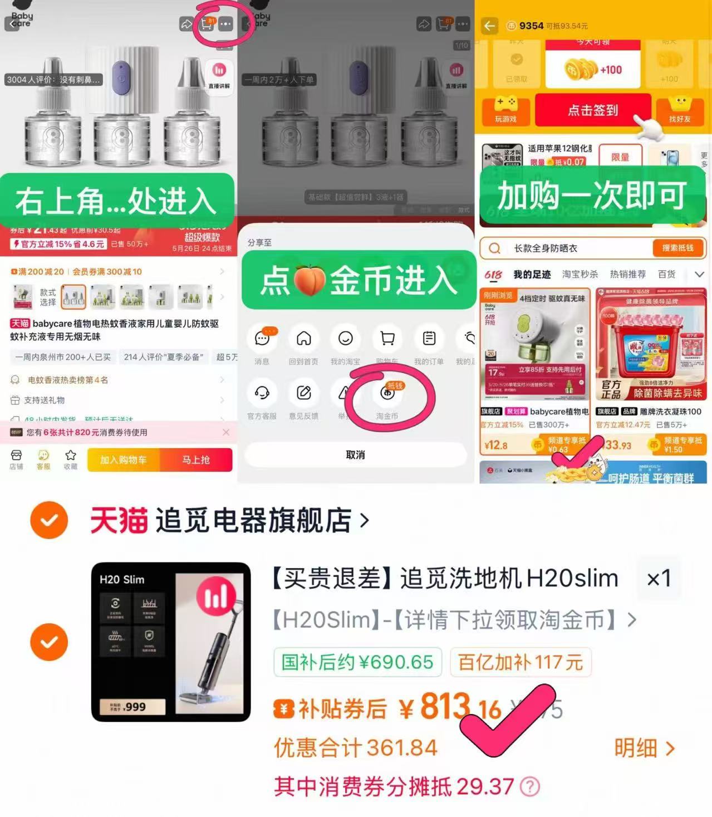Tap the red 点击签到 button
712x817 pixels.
pyautogui.click(x=592, y=110)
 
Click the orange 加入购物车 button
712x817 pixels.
pyautogui.click(x=123, y=460)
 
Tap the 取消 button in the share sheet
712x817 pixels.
pyautogui.click(x=355, y=455)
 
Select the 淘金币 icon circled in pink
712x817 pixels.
pyautogui.click(x=387, y=393)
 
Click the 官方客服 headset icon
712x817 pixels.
pyautogui.click(x=262, y=393)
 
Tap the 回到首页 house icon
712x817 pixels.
pyautogui.click(x=303, y=339)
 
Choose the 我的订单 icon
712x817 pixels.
pyautogui.click(x=429, y=339)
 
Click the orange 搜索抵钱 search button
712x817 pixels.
pyautogui.click(x=677, y=248)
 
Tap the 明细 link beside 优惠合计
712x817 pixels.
pyautogui.click(x=644, y=748)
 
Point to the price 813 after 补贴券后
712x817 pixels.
pyautogui.click(x=445, y=707)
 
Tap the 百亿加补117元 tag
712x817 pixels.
pyautogui.click(x=520, y=662)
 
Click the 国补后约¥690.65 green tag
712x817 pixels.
pyautogui.click(x=357, y=662)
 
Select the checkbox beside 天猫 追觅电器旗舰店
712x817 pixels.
pyautogui.click(x=50, y=520)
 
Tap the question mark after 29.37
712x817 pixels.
pyautogui.click(x=529, y=787)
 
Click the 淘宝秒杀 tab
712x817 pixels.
pyautogui.click(x=580, y=275)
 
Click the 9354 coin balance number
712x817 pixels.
pyautogui.click(x=531, y=26)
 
